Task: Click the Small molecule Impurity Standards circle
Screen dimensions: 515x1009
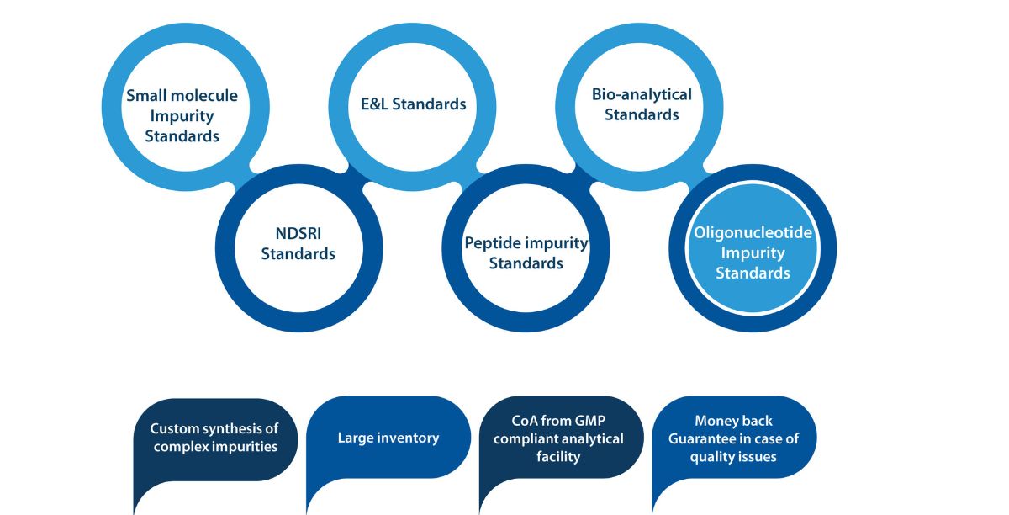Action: coord(182,114)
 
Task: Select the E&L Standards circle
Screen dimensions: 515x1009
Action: coord(409,104)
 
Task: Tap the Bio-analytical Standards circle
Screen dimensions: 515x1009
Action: coord(642,104)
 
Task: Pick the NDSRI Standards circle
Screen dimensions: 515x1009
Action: coord(298,243)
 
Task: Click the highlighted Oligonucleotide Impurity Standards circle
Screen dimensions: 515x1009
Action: coord(753,252)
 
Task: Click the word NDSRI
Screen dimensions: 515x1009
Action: coord(298,233)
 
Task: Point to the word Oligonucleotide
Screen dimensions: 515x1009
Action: coord(753,232)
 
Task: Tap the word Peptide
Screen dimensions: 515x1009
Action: coord(493,243)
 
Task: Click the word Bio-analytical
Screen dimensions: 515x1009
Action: coord(642,94)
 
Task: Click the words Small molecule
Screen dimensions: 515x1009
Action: coord(182,95)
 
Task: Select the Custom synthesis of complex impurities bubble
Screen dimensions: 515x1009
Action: coord(215,438)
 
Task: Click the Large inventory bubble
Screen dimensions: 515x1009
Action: coord(388,438)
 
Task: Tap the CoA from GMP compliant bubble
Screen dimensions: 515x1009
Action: coord(558,438)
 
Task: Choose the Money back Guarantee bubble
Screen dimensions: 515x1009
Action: coord(733,438)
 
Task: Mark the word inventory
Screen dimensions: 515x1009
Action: coord(406,438)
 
